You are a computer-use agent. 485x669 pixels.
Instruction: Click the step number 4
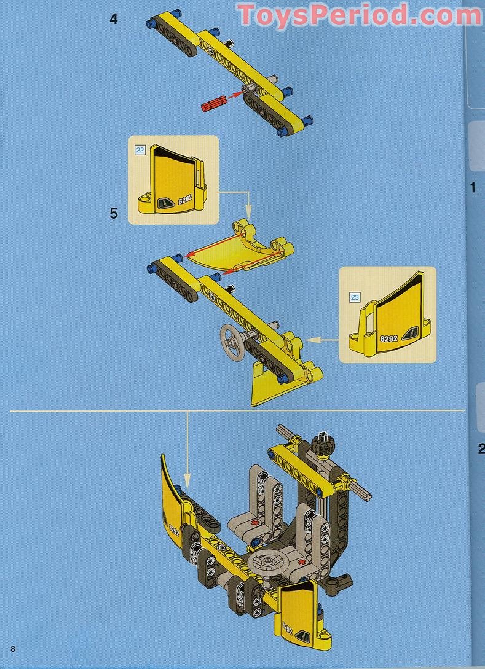113,19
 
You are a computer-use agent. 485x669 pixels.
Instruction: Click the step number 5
113,213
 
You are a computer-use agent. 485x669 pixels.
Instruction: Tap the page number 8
13,649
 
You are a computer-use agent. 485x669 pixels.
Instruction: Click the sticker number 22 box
140,150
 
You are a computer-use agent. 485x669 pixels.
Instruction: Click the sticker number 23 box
354,297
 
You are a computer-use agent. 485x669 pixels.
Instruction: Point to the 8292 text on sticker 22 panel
185,199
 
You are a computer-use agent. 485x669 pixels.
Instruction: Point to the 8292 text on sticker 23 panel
388,338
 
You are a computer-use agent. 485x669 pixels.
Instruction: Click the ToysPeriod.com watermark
360,15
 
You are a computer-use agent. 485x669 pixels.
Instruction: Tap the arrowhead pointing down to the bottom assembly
186,479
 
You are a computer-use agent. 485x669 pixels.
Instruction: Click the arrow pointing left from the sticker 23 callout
323,340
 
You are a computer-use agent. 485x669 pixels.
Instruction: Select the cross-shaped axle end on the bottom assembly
366,496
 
